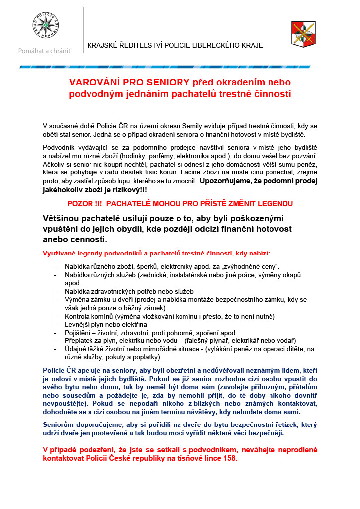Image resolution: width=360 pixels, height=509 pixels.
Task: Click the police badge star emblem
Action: coord(46,24)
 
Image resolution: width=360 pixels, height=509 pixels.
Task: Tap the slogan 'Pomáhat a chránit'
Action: coord(44,51)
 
